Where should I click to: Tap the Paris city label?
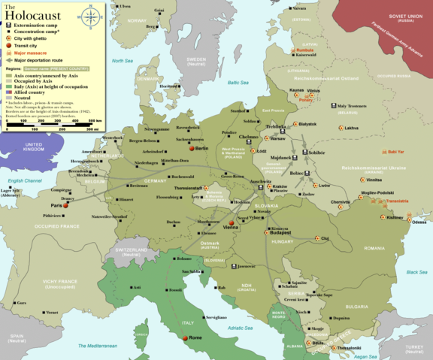pyautogui.click(x=56, y=205)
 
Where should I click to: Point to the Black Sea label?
pyautogui.click(x=416, y=271)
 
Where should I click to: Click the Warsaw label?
pyautogui.click(x=277, y=139)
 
